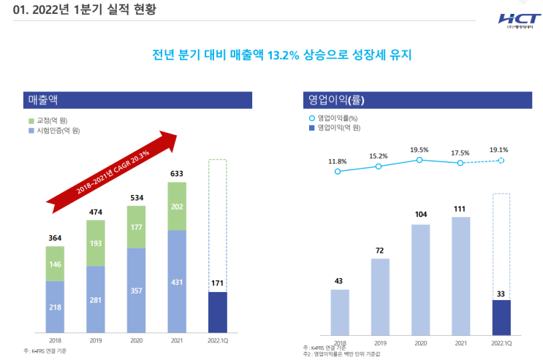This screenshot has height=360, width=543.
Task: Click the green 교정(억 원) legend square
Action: [x=31, y=120]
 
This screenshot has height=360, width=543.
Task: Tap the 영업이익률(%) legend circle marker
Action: [x=312, y=118]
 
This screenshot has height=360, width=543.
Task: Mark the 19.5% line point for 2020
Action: [x=419, y=159]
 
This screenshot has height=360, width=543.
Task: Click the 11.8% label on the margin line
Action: [x=337, y=161]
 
